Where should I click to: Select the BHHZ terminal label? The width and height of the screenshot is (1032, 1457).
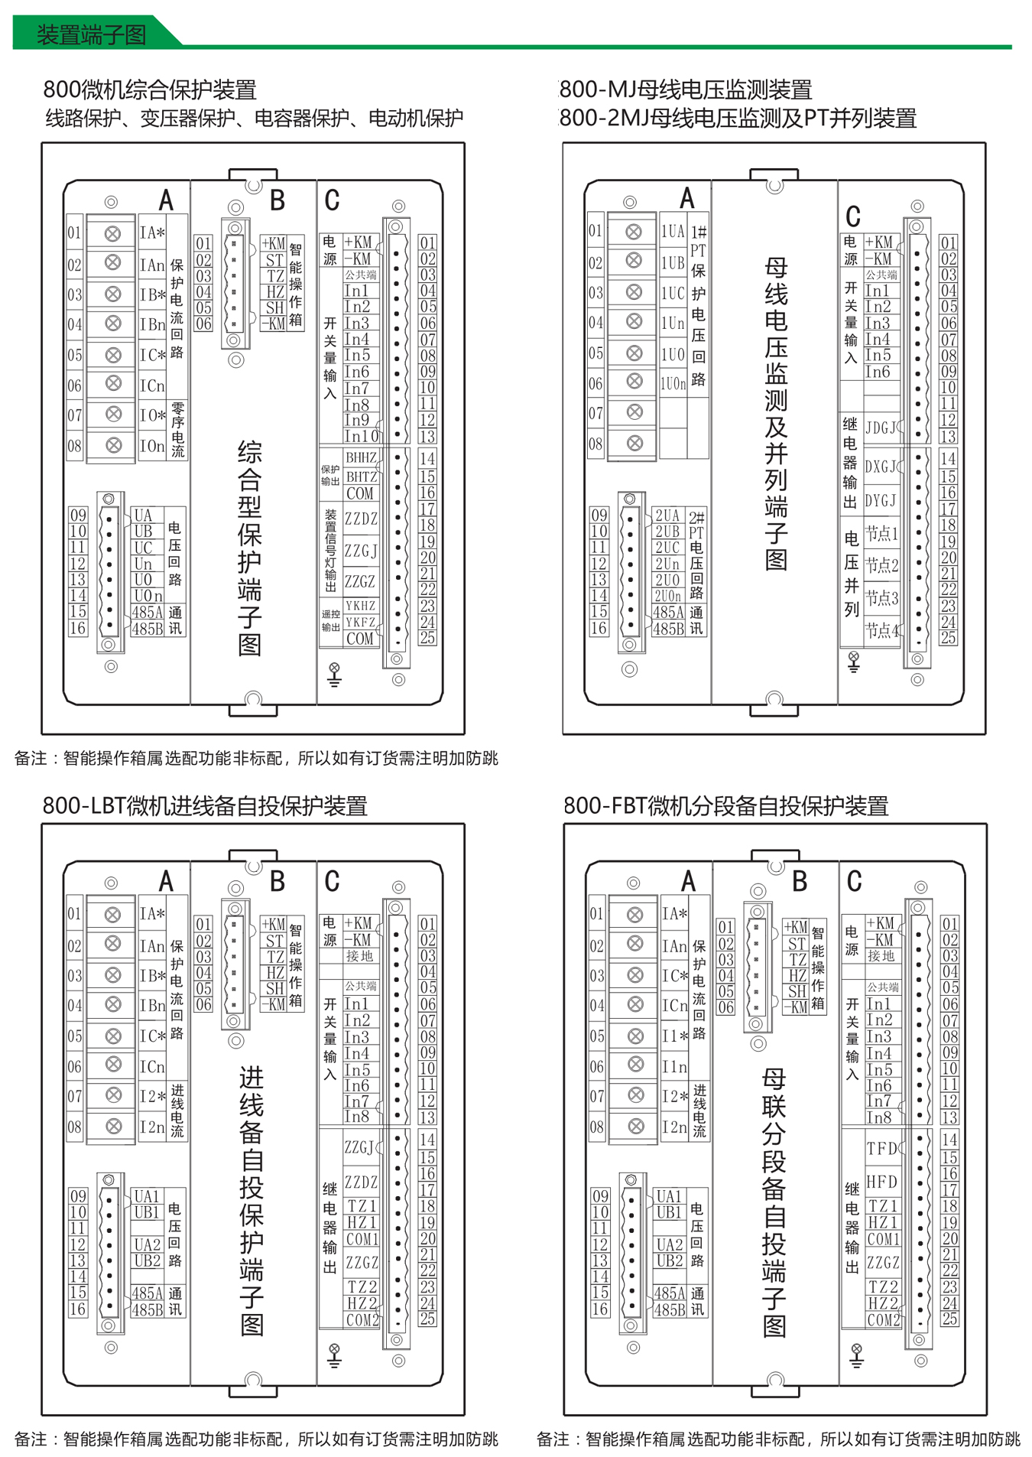click(x=361, y=457)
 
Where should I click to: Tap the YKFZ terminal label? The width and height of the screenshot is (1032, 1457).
click(x=361, y=622)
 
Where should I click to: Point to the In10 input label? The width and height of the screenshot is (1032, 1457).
click(x=362, y=436)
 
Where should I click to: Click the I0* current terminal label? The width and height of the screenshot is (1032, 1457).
click(x=152, y=415)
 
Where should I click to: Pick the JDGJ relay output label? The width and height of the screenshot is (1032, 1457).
click(x=881, y=428)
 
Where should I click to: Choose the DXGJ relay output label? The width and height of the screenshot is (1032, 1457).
click(x=881, y=467)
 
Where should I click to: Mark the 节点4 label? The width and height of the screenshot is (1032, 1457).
click(x=881, y=630)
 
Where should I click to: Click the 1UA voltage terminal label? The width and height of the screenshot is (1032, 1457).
click(x=673, y=231)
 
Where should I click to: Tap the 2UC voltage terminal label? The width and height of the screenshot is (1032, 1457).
click(x=667, y=548)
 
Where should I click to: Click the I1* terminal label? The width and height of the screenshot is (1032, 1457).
click(x=675, y=1036)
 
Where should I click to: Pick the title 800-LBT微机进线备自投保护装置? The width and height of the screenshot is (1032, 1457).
click(x=205, y=805)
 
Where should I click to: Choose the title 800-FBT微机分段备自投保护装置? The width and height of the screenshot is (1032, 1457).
click(x=725, y=805)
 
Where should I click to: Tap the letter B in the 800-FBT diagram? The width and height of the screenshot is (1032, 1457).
click(x=800, y=882)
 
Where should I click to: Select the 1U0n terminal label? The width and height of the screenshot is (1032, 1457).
click(x=673, y=384)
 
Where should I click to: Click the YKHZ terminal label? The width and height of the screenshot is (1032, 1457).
click(x=361, y=606)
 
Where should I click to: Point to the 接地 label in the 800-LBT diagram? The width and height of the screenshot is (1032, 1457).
click(x=360, y=956)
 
